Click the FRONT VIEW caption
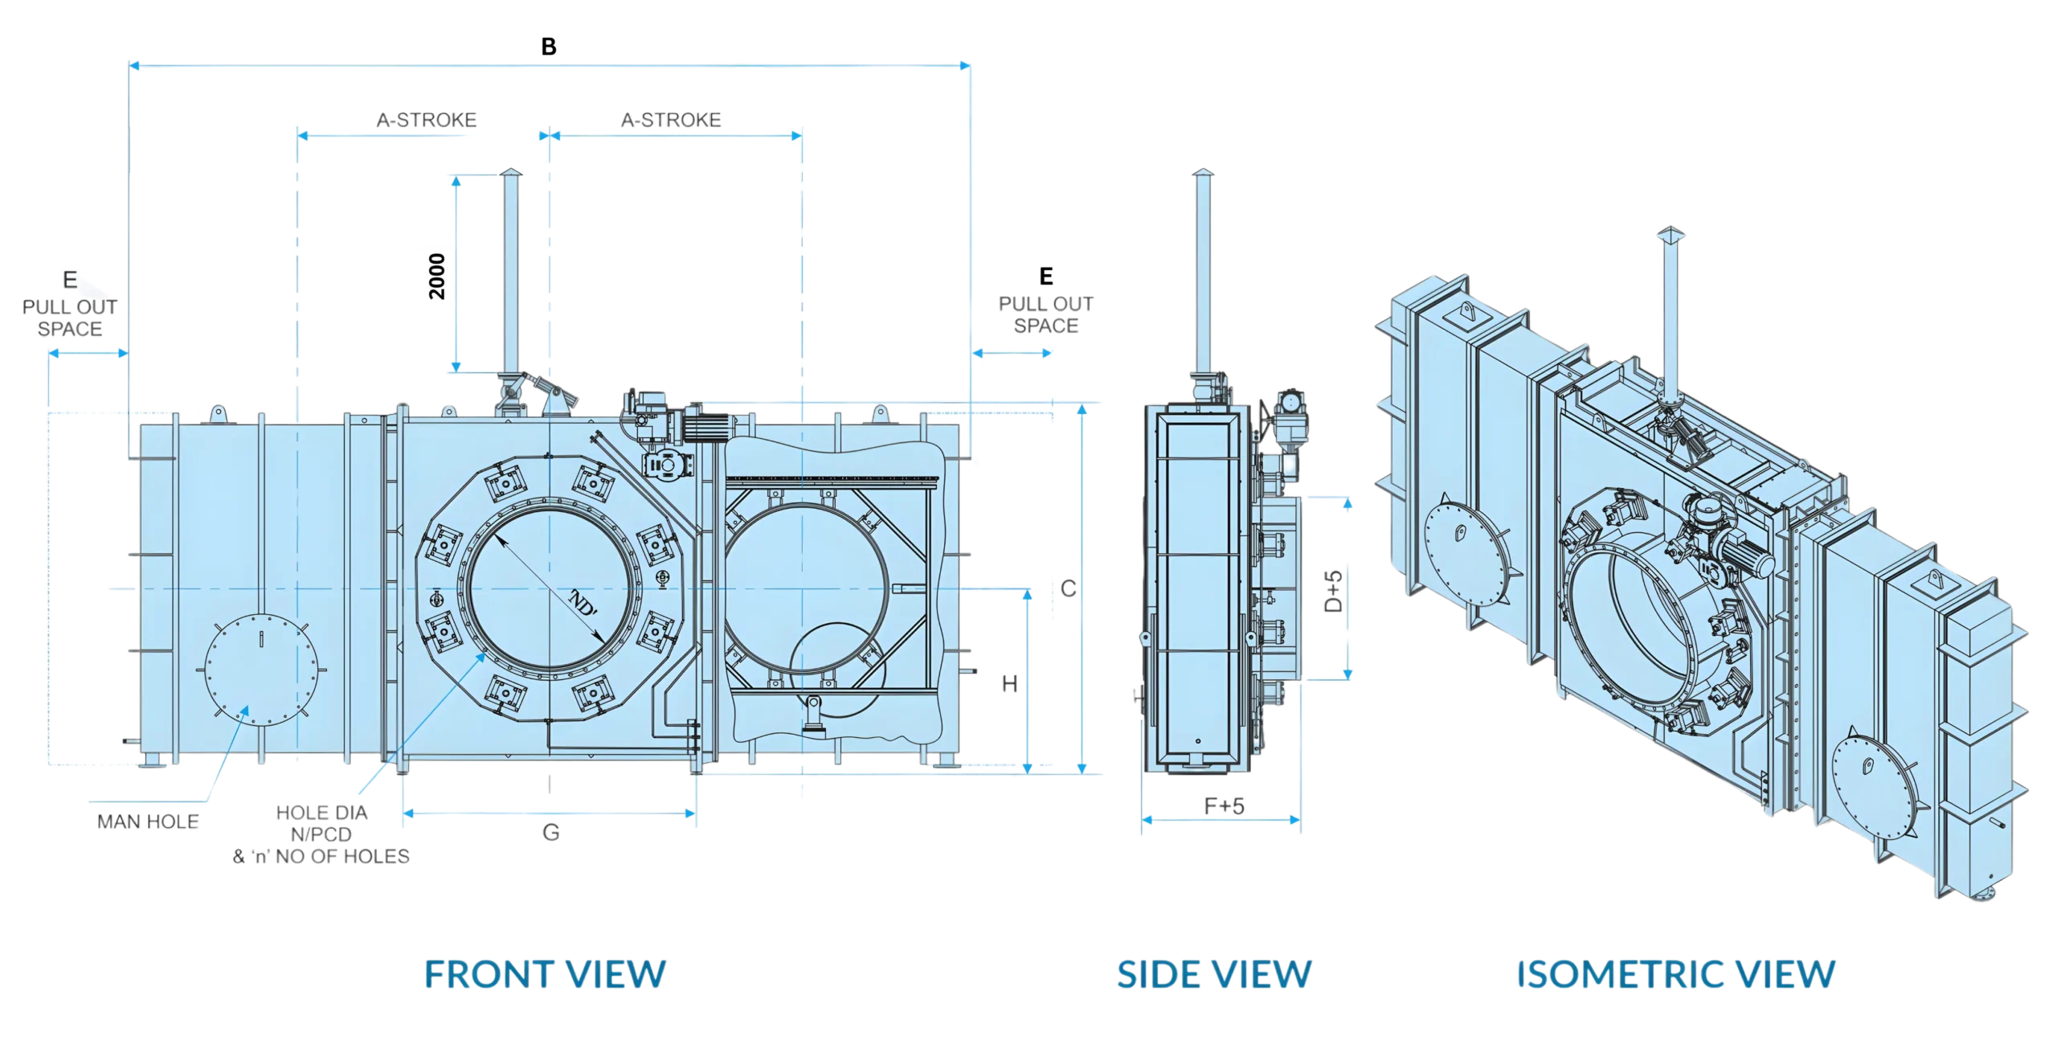coord(546,973)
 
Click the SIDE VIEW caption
coord(1213,973)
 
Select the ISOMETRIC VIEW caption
coord(1675,973)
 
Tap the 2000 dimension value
coord(437,275)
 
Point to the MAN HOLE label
coord(147,821)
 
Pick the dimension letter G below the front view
coord(550,834)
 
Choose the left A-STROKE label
coord(427,120)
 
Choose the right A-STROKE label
coord(670,120)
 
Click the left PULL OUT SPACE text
coord(71,318)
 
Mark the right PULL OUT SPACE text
coord(1045,314)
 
